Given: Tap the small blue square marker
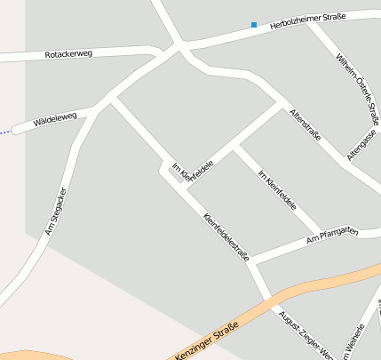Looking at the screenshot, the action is coord(254,25).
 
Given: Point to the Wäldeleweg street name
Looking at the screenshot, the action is coord(56,116).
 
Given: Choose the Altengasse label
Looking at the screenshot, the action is coord(362,143).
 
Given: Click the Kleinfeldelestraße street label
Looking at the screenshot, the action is coord(226,236).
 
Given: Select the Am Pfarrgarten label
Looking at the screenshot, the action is coord(331,235).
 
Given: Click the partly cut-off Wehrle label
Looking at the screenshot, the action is coord(353,340).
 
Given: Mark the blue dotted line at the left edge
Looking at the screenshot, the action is coord(6,132).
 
